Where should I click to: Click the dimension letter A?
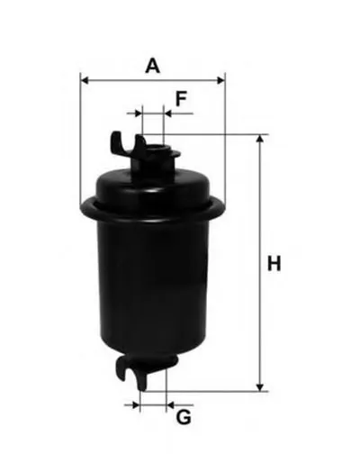coord(152,66)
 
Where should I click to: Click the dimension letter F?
coord(181,99)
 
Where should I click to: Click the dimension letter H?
coord(274,263)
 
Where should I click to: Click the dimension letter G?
coord(184,417)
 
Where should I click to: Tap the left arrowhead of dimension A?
coord(85,80)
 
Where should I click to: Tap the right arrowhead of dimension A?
coord(220,80)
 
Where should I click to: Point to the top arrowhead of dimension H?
coord(260,139)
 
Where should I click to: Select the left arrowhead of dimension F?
coord(138,113)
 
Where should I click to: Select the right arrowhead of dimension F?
coord(168,113)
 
